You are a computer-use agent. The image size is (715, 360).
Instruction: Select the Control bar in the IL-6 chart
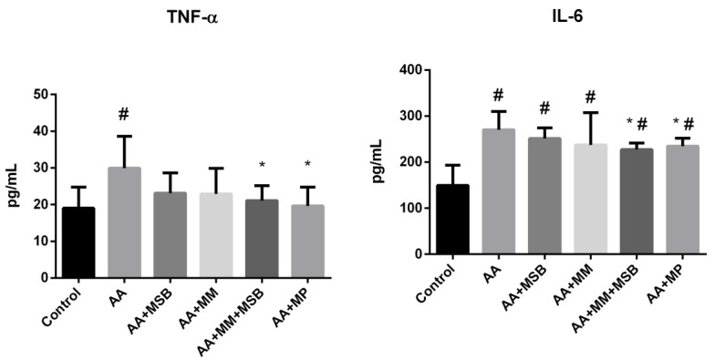[x=428, y=220]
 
